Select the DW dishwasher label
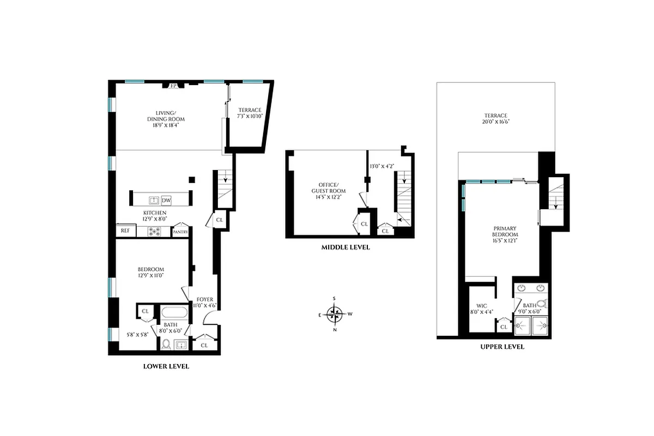point(166,200)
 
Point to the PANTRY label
point(180,232)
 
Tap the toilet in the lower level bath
point(166,344)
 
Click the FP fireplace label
point(173,86)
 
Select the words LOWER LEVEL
point(166,367)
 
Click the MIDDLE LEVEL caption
point(345,247)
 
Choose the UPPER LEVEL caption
point(502,347)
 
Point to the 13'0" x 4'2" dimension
point(381,166)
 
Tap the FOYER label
point(205,299)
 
